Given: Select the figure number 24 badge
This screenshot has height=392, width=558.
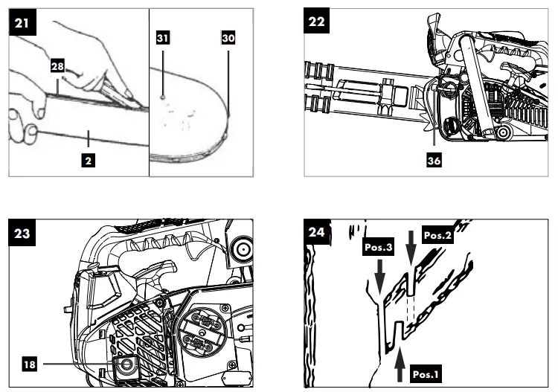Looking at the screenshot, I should [x=318, y=232].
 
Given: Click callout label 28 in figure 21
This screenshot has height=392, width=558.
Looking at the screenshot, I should [x=57, y=66].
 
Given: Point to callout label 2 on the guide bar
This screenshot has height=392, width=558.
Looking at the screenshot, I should [x=88, y=159].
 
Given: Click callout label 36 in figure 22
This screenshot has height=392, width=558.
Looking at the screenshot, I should [x=433, y=158].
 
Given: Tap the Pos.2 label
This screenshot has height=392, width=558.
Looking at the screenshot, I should [x=438, y=235].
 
